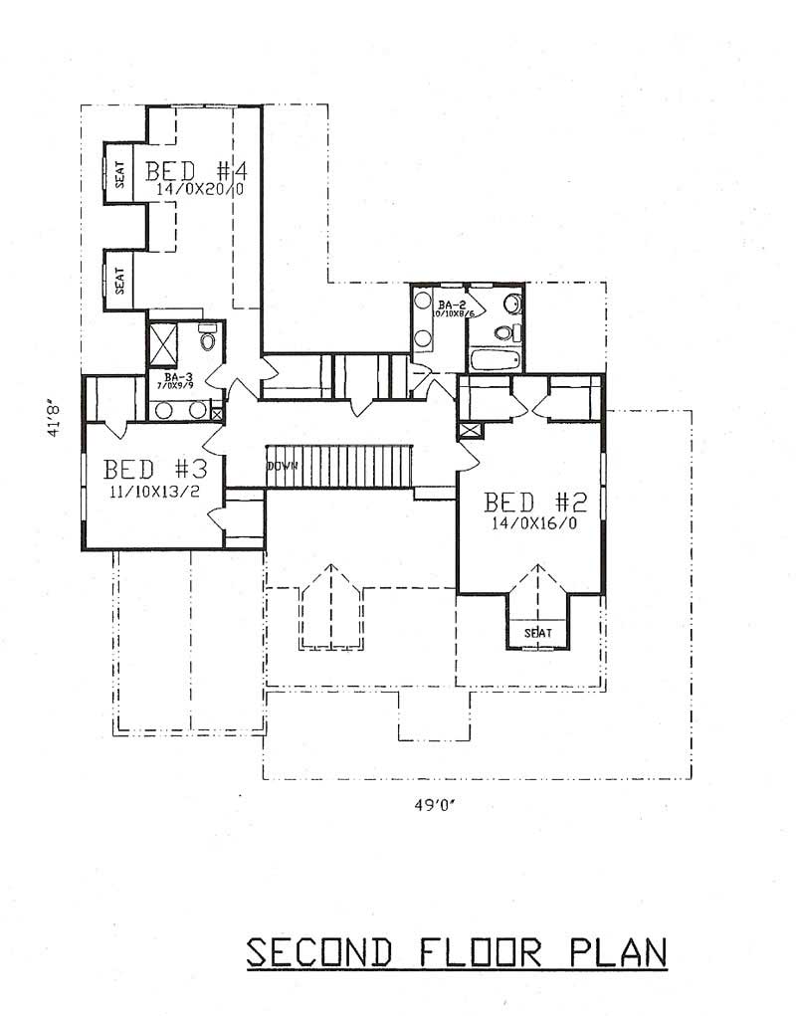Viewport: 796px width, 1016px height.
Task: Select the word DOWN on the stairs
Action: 282,466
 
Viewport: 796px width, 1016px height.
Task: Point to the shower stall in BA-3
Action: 163,343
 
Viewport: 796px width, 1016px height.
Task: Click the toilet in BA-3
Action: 207,340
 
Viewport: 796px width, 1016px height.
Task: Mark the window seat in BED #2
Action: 538,633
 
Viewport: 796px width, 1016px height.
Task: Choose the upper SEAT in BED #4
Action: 119,176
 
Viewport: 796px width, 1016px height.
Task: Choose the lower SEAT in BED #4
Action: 119,278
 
